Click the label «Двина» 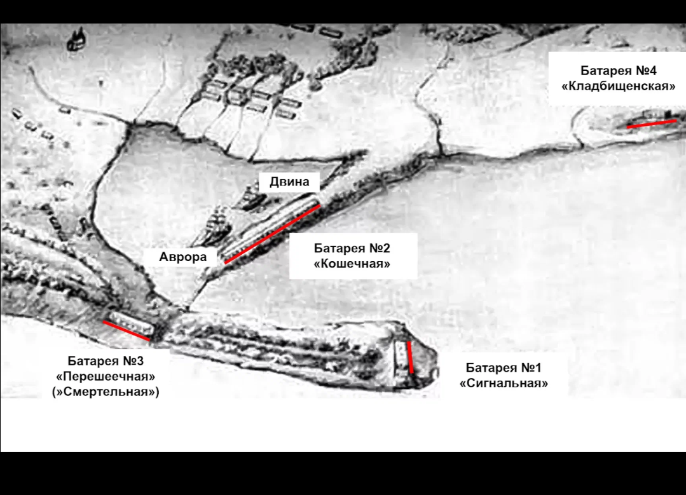(289, 182)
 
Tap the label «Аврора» (183, 257)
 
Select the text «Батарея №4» (618, 71)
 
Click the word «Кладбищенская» (618, 86)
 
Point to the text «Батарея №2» (352, 248)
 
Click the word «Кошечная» (352, 264)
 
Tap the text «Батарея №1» (504, 368)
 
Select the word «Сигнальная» (504, 383)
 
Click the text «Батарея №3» (106, 361)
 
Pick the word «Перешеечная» (106, 376)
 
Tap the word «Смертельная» (106, 391)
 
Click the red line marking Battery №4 (652, 124)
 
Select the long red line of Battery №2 (272, 234)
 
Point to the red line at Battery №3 (127, 330)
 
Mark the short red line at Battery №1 (410, 357)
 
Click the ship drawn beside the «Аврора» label (217, 225)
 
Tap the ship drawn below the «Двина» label (252, 199)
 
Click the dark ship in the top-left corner (77, 39)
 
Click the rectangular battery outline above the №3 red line (131, 322)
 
